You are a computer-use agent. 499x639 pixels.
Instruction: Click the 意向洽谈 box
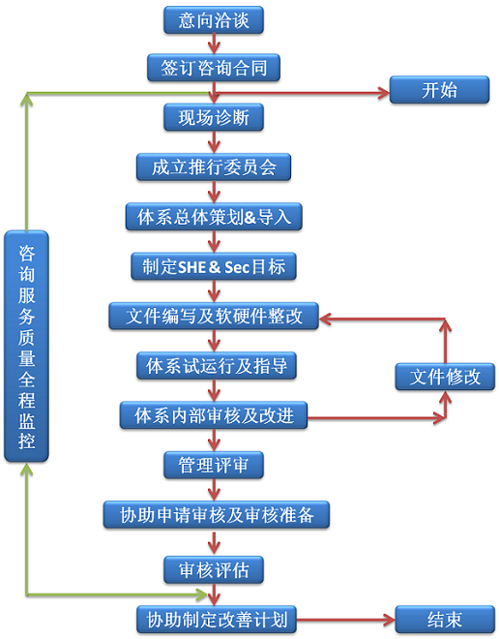pyautogui.click(x=214, y=20)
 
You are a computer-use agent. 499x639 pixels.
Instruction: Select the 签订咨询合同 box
pyautogui.click(x=214, y=68)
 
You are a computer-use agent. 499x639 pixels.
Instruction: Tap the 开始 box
pyautogui.click(x=440, y=90)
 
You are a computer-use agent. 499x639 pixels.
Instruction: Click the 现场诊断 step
pyautogui.click(x=214, y=117)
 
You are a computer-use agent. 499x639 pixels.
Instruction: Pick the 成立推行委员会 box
pyautogui.click(x=214, y=167)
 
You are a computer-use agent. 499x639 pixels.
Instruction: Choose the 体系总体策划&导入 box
pyautogui.click(x=214, y=217)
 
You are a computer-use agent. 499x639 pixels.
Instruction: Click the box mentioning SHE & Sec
pyautogui.click(x=214, y=266)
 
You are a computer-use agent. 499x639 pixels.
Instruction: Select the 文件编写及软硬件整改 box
pyautogui.click(x=214, y=317)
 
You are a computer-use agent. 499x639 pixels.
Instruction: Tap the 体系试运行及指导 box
pyautogui.click(x=217, y=366)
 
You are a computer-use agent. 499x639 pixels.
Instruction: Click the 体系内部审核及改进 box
pyautogui.click(x=214, y=415)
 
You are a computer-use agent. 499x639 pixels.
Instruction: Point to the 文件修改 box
pyautogui.click(x=445, y=377)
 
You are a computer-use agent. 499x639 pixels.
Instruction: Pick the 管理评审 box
pyautogui.click(x=214, y=465)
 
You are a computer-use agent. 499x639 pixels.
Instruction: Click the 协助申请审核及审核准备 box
pyautogui.click(x=217, y=515)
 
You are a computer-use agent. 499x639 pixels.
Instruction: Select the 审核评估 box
pyautogui.click(x=214, y=569)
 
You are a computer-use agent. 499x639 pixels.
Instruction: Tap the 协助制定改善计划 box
pyautogui.click(x=217, y=620)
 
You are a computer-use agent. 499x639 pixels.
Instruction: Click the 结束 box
pyautogui.click(x=445, y=620)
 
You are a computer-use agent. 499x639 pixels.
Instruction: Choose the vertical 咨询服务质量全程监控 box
pyautogui.click(x=26, y=347)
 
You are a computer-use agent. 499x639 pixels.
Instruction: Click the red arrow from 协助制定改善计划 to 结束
pyautogui.click(x=346, y=621)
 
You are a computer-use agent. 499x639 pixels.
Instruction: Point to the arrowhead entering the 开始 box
pyautogui.click(x=383, y=93)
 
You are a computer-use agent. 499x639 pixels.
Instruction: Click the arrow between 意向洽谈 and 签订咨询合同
pyautogui.click(x=214, y=44)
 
